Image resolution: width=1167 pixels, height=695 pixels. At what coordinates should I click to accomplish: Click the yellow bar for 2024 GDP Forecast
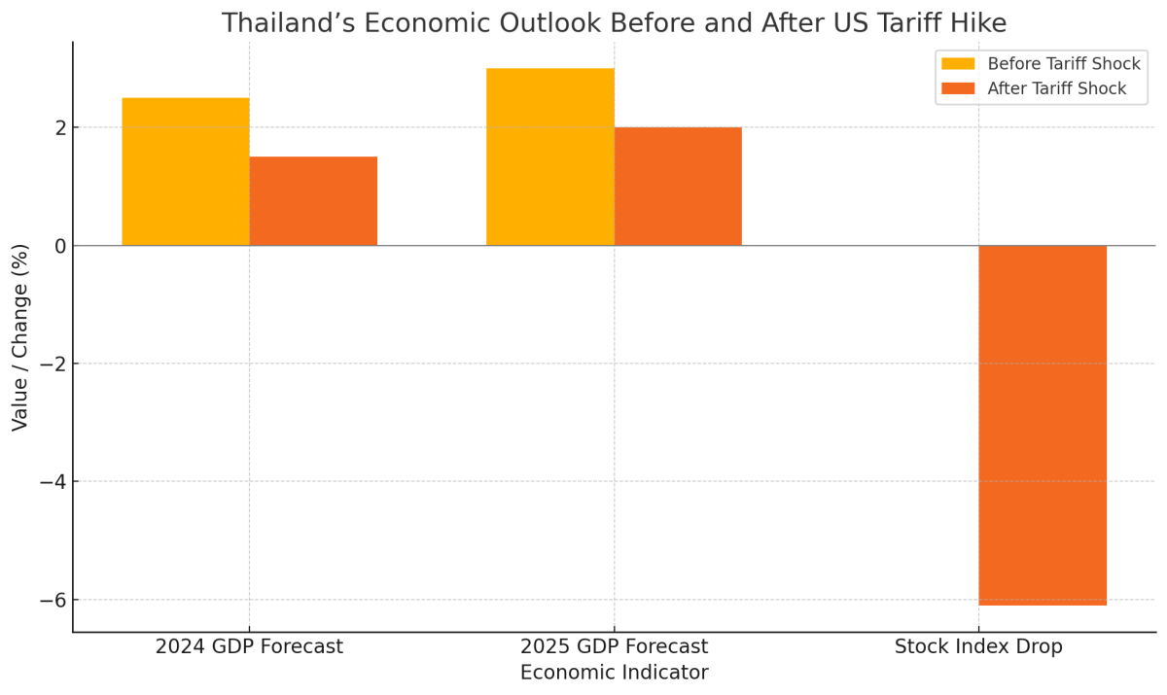tap(186, 171)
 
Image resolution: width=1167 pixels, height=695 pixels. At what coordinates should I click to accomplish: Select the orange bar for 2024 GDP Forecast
tap(313, 201)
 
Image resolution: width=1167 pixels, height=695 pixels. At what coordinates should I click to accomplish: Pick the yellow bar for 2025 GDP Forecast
tap(550, 156)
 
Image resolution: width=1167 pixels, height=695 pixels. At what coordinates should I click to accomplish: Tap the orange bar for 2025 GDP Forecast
tap(678, 187)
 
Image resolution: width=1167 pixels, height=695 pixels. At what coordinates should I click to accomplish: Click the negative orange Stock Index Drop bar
tap(1043, 425)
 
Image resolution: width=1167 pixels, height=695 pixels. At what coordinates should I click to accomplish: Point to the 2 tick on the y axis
tap(60, 128)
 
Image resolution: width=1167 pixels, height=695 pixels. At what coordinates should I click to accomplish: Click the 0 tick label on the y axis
tap(60, 246)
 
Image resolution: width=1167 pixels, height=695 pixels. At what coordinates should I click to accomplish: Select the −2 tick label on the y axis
tap(53, 365)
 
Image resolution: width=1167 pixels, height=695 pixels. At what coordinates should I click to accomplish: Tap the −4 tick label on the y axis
tap(53, 482)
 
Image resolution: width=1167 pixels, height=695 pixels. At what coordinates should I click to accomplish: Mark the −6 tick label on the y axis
tap(53, 600)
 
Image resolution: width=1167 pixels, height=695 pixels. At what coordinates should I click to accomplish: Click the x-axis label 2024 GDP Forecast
tap(249, 647)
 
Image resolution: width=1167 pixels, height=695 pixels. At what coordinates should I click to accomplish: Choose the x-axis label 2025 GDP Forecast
tap(614, 647)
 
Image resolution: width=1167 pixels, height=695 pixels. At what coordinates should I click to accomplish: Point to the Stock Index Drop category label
tap(978, 647)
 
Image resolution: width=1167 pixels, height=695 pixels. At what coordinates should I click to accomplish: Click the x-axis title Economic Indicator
tap(614, 673)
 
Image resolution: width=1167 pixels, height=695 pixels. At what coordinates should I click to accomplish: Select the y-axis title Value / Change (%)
tap(20, 337)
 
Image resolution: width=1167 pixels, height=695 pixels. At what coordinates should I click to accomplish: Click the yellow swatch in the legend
tap(957, 64)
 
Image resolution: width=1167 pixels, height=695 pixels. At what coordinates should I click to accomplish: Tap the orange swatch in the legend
tap(957, 89)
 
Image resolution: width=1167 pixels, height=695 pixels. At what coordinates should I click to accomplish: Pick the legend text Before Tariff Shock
tap(1064, 64)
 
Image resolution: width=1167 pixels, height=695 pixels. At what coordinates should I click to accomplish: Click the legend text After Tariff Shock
tap(1057, 89)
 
